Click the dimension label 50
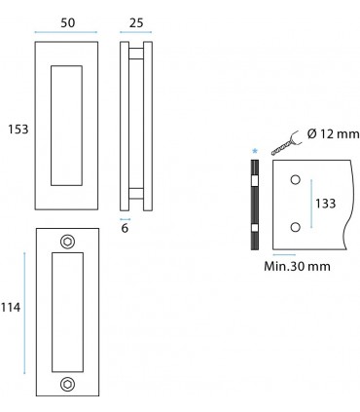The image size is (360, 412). (68, 22)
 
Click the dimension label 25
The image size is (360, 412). (136, 22)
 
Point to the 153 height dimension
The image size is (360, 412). (18, 130)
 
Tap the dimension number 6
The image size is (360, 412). (125, 228)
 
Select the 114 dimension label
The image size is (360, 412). (11, 307)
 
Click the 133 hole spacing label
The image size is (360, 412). (326, 204)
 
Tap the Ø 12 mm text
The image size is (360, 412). (333, 133)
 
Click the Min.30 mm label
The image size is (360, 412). (297, 266)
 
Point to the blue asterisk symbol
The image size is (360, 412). (255, 151)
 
